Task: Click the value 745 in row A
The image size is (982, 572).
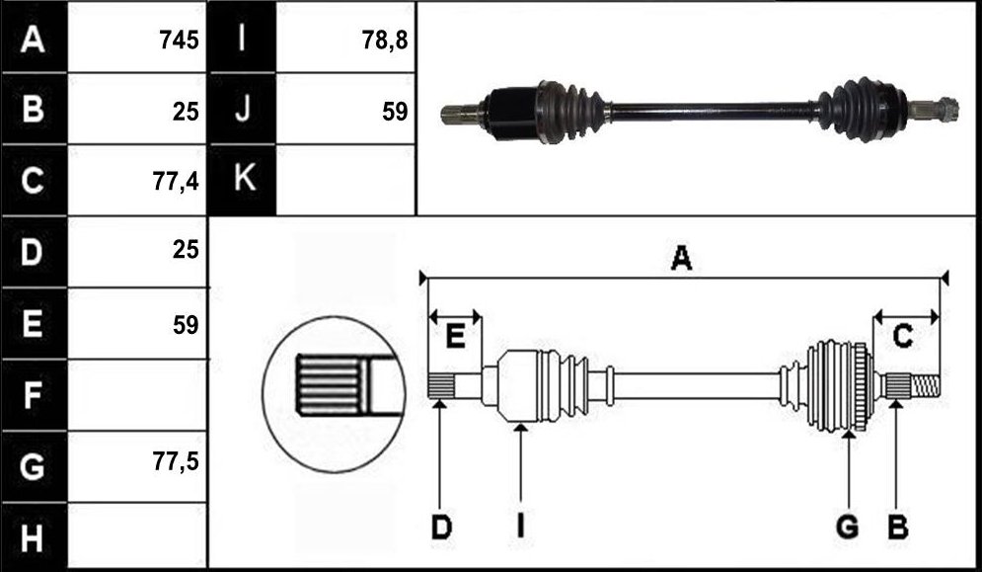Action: coord(179,41)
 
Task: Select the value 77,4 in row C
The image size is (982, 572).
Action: coord(176,181)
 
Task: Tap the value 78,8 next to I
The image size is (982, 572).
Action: coord(384,41)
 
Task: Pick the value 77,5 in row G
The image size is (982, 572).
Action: coord(176,461)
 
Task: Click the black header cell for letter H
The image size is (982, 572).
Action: coord(34,536)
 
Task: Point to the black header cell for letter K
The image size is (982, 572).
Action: coord(243,180)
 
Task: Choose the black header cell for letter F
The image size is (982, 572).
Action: coord(34,394)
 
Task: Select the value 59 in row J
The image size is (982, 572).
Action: coord(395,112)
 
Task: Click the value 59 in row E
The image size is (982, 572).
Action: coord(186,325)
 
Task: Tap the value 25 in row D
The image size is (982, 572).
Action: coord(186,250)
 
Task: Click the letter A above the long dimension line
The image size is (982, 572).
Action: coord(681,258)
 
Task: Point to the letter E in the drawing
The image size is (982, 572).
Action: coord(455,337)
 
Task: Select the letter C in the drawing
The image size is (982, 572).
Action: coord(902,337)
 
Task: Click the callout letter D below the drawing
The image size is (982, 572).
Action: coord(441,528)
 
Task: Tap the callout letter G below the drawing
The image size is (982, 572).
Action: coord(848,528)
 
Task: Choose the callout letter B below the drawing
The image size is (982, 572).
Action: coord(897,528)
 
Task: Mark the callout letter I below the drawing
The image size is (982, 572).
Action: coord(520,528)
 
